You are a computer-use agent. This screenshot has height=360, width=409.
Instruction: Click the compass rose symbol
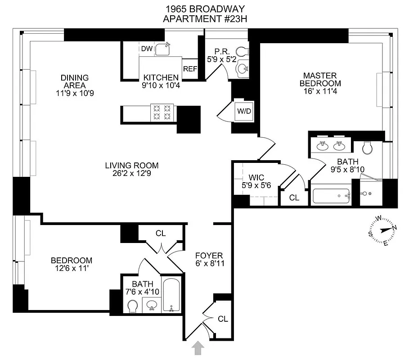click(x=382, y=230)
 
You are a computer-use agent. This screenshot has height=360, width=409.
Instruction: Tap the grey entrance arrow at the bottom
click(x=198, y=348)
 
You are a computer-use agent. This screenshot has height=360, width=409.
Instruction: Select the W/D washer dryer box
click(x=244, y=111)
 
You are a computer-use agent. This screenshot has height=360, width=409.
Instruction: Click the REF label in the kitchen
click(x=190, y=69)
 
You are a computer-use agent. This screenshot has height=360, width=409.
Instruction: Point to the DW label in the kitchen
click(x=147, y=49)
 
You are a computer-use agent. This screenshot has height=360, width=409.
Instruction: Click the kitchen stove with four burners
click(x=162, y=112)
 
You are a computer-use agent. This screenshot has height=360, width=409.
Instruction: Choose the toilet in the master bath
click(x=367, y=146)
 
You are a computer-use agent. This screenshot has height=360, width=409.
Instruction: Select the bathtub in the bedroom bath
click(x=171, y=295)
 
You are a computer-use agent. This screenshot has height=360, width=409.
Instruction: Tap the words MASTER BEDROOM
click(x=322, y=80)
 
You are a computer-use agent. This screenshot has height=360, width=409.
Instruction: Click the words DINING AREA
click(x=75, y=81)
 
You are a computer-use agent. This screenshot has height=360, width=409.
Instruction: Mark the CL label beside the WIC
click(x=294, y=197)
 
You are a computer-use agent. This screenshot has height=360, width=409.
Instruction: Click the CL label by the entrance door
click(x=223, y=319)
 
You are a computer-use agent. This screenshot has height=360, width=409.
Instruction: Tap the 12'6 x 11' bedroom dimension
click(x=71, y=269)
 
